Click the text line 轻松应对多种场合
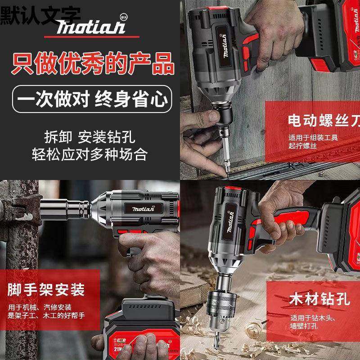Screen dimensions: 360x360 tap(90, 154)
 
